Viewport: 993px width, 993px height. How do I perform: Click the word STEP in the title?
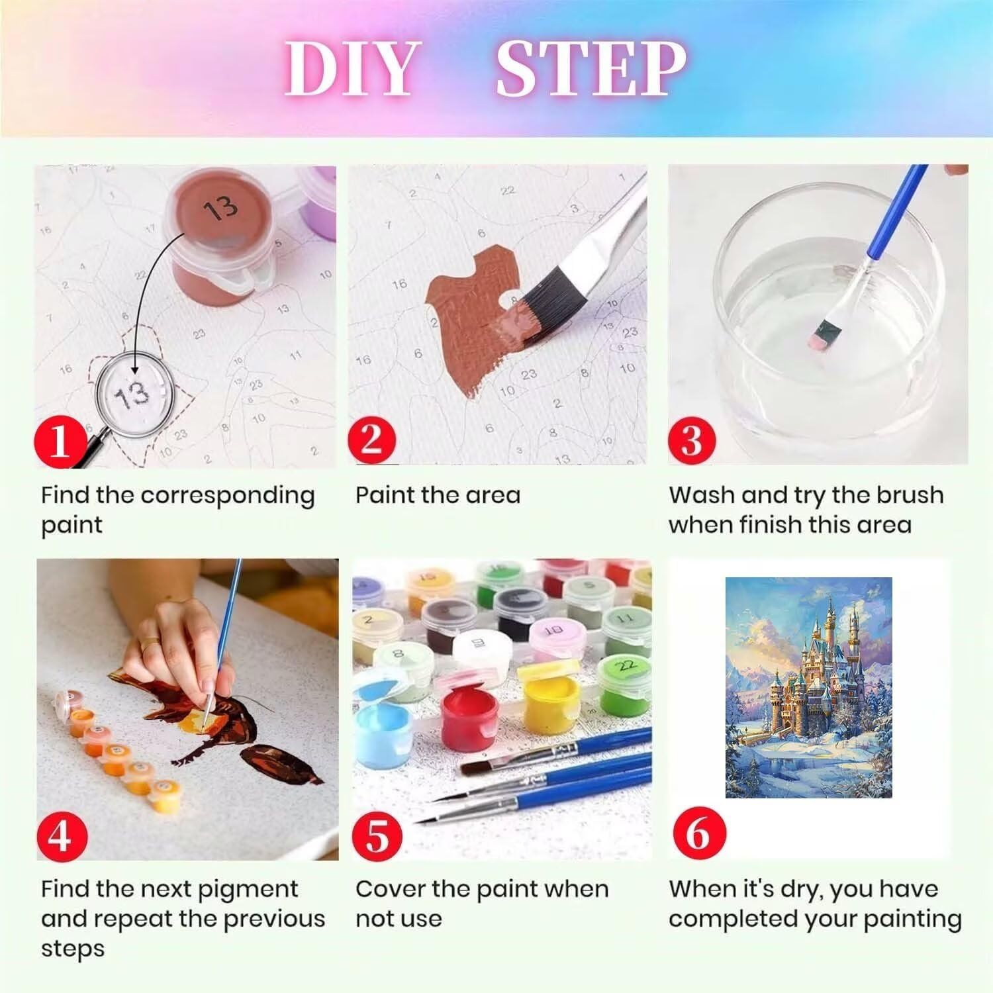click(x=591, y=68)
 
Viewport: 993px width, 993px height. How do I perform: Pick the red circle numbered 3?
click(x=692, y=439)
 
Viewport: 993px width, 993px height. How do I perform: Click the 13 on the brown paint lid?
click(x=220, y=209)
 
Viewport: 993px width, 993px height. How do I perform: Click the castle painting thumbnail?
click(x=809, y=687)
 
